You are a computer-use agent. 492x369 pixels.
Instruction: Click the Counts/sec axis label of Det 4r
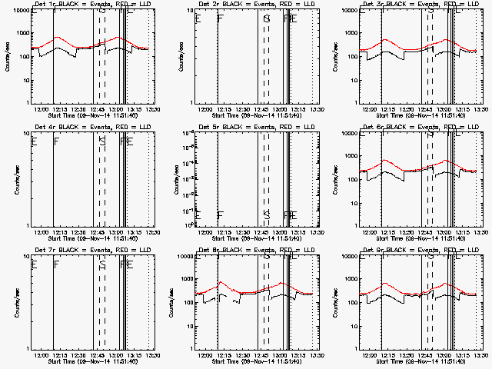pyautogui.click(x=17, y=180)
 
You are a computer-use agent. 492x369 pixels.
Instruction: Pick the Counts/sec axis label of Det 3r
pyautogui.click(x=346, y=57)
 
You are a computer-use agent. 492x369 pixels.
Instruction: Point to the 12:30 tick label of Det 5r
pyautogui.click(x=244, y=232)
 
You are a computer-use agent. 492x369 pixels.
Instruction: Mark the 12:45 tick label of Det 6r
pyautogui.click(x=427, y=232)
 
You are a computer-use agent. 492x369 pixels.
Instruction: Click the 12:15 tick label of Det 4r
pyautogui.click(x=60, y=232)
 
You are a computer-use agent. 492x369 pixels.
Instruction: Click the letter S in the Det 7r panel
pyautogui.click(x=102, y=265)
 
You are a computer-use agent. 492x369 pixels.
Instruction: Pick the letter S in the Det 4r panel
pyautogui.click(x=102, y=141)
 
